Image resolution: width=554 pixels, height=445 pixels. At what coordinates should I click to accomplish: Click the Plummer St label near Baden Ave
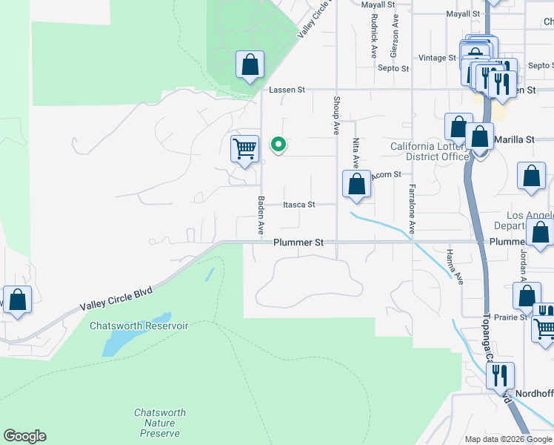[x=299, y=243]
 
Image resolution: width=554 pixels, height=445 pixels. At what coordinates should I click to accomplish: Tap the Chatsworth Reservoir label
[x=139, y=326]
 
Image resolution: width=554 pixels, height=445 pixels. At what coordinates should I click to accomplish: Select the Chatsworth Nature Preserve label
[x=160, y=423]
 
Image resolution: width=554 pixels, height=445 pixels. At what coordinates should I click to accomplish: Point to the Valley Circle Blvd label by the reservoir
[x=116, y=300]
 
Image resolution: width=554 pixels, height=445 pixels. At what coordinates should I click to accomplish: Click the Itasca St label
[x=299, y=205]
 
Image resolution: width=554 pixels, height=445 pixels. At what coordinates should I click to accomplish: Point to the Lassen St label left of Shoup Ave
[x=287, y=90]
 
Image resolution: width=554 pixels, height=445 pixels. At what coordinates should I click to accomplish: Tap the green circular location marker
[x=278, y=145]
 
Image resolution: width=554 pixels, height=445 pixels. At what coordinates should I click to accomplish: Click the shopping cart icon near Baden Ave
[x=244, y=148]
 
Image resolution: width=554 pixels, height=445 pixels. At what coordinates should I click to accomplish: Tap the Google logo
[x=24, y=436]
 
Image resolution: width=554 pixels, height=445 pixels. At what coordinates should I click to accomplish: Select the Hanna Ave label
[x=454, y=268]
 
